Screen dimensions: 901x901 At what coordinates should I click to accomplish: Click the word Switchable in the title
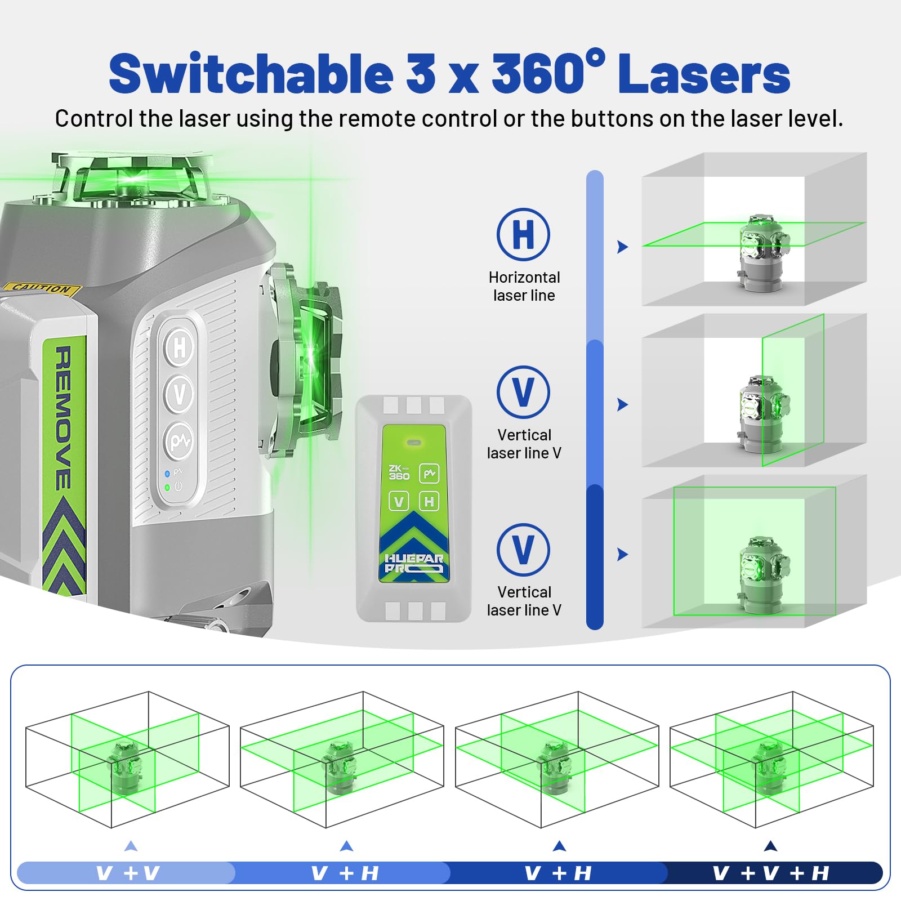click(x=251, y=73)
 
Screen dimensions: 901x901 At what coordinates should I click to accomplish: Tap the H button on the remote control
click(x=429, y=501)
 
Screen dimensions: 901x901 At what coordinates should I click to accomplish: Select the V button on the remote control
click(x=399, y=501)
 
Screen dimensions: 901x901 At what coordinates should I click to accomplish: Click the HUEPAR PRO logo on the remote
click(x=414, y=563)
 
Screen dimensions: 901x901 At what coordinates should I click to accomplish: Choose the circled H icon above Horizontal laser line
click(x=523, y=234)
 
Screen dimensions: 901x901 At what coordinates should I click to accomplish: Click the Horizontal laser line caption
click(x=524, y=286)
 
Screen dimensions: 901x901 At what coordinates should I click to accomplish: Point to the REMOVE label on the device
click(x=63, y=418)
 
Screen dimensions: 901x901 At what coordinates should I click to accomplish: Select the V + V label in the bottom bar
click(x=128, y=873)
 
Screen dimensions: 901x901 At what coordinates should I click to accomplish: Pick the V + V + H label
click(x=770, y=873)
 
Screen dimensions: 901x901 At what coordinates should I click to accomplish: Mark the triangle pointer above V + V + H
click(x=771, y=846)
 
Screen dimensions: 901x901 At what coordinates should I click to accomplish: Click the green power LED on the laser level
click(x=167, y=487)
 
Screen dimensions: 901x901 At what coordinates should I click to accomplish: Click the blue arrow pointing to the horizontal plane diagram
click(x=622, y=247)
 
